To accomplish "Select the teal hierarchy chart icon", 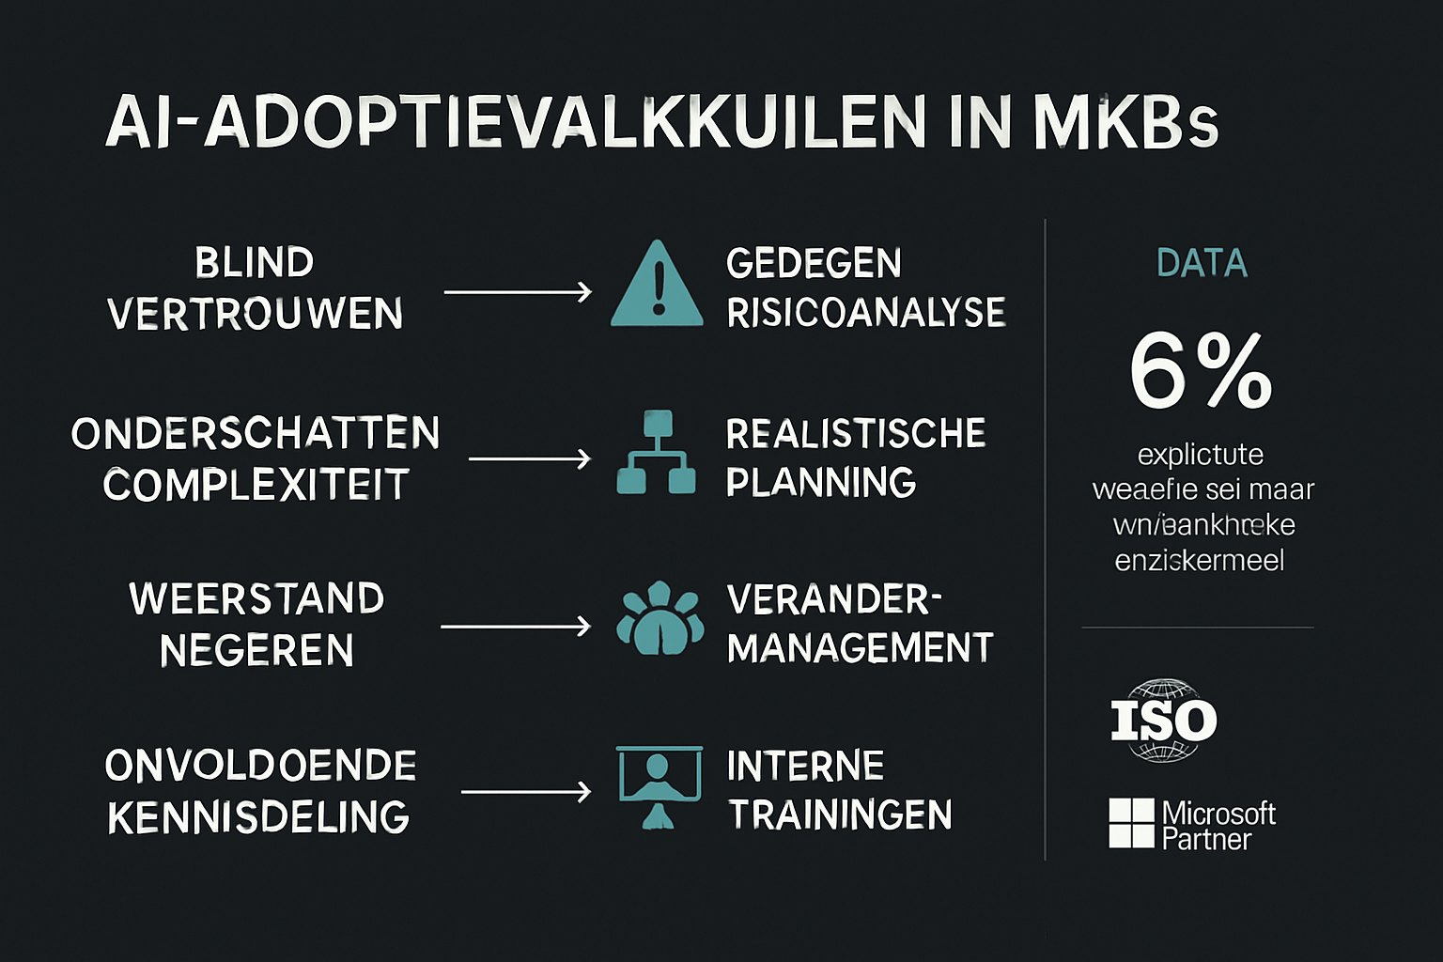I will [657, 453].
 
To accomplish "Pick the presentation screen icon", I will [659, 785].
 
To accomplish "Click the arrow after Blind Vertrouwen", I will [518, 292].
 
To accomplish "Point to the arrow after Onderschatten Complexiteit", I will [530, 458].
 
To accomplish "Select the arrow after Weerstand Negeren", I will [516, 626].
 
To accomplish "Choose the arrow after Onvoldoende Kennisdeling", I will [526, 792].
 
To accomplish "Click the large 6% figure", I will [1201, 372].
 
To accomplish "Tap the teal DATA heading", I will [1202, 264].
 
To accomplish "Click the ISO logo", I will [1164, 721].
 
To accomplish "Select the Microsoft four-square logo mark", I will [1131, 823].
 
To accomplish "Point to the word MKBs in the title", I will [1125, 122].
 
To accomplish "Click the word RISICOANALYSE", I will [865, 313].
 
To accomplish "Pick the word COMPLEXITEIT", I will [256, 485].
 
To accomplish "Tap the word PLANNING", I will [821, 482].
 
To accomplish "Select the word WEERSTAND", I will [256, 598].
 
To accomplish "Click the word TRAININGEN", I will [840, 815].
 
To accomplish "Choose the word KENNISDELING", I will [258, 817].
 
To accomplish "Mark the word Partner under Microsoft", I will [1206, 839].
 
